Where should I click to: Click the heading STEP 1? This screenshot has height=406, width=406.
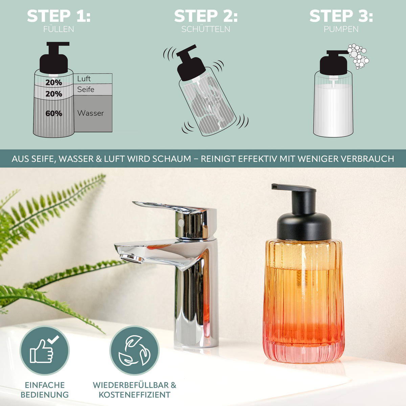pyautogui.click(x=59, y=16)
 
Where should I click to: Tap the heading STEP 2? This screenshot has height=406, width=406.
pyautogui.click(x=206, y=16)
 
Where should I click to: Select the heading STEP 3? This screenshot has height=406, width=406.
pyautogui.click(x=341, y=16)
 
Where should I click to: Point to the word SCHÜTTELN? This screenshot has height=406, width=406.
pyautogui.click(x=206, y=29)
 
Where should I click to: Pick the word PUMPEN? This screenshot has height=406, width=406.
pyautogui.click(x=341, y=29)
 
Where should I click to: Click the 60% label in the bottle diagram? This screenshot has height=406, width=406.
pyautogui.click(x=54, y=114)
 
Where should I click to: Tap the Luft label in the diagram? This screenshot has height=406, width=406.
pyautogui.click(x=84, y=78)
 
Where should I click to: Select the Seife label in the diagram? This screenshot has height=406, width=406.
pyautogui.click(x=86, y=90)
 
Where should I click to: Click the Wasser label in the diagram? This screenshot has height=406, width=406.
pyautogui.click(x=90, y=113)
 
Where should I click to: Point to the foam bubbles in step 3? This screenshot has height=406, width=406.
pyautogui.click(x=358, y=56)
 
